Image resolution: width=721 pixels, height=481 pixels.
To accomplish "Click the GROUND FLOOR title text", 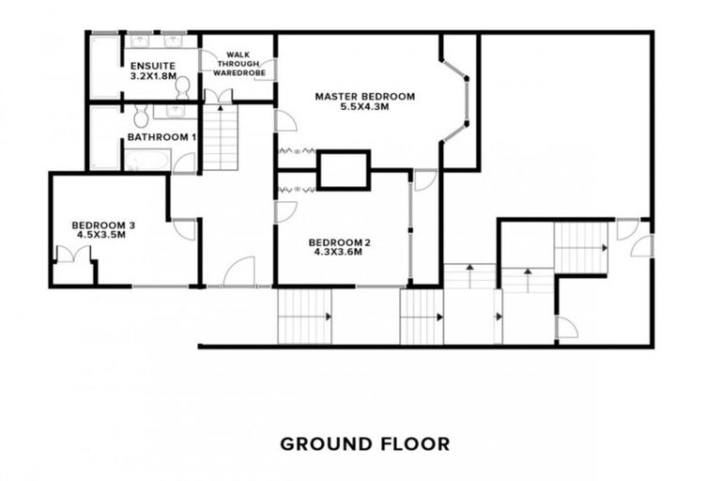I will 364,442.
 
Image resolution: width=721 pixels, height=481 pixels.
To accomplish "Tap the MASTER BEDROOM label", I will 364,96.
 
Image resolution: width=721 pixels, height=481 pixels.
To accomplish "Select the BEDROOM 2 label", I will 340,243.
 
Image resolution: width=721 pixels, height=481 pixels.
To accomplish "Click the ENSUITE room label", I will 152,66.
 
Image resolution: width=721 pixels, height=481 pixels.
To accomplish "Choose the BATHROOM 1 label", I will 161,137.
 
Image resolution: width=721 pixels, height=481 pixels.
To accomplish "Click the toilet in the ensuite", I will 182,87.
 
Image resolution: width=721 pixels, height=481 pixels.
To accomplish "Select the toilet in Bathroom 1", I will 141,116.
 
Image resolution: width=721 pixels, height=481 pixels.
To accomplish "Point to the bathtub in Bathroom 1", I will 147,161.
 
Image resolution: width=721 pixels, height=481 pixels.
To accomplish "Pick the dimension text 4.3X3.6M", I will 340,254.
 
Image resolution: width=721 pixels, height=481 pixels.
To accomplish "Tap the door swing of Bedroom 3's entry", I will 184,229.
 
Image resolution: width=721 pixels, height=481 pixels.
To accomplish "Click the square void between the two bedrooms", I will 344,171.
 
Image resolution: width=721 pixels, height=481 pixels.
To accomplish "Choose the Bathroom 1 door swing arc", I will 186,163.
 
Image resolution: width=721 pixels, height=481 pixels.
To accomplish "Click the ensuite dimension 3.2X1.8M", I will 152,76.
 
